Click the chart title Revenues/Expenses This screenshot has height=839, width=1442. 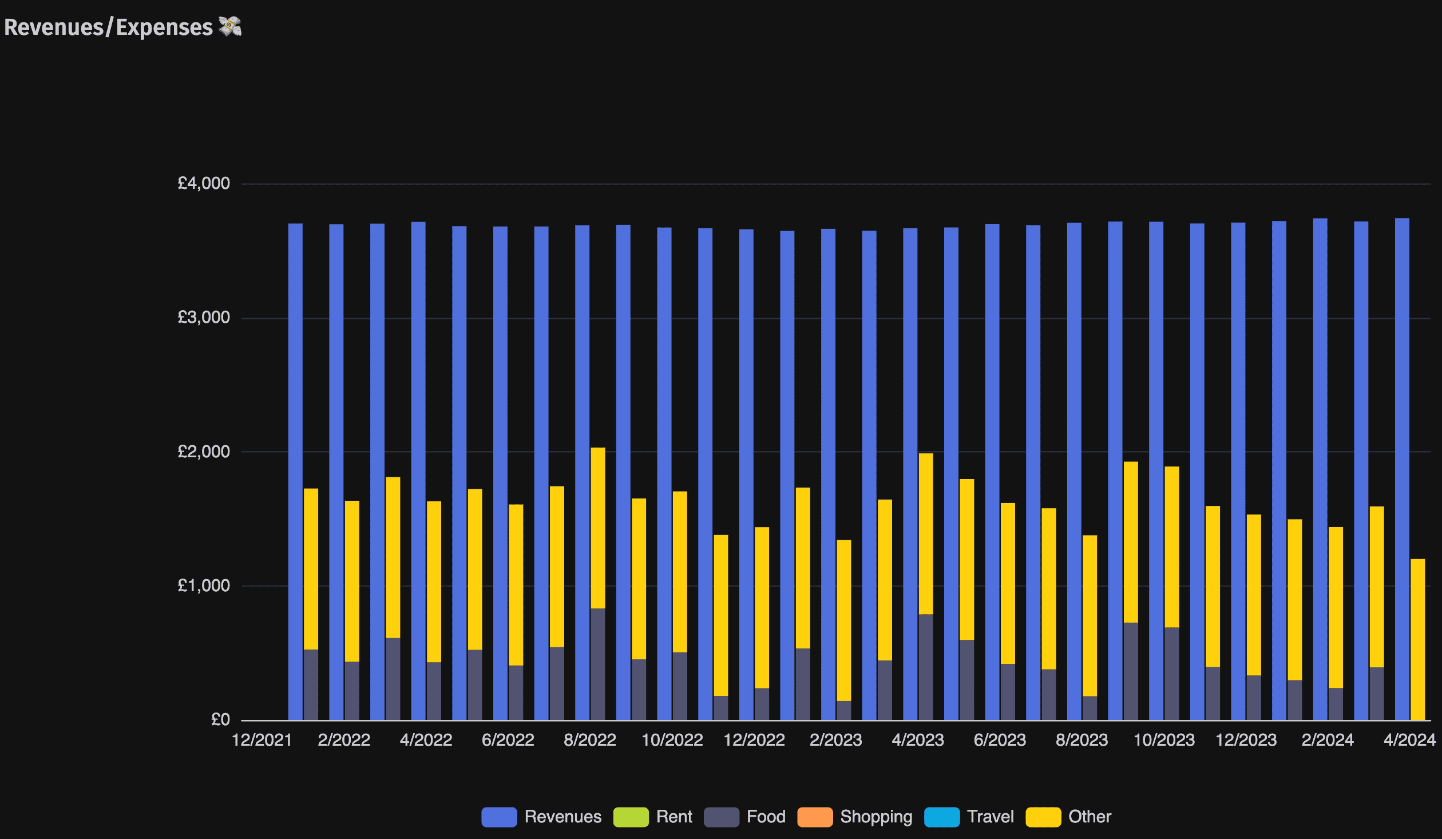coord(109,27)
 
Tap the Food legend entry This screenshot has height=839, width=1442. coord(744,817)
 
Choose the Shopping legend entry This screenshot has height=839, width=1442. coord(855,817)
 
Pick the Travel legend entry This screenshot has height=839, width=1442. coord(969,817)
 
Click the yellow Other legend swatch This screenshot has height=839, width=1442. coord(1043,817)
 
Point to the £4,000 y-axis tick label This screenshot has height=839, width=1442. coord(204,183)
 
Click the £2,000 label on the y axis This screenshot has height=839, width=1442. coord(204,452)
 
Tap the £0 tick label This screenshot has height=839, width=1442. coord(220,719)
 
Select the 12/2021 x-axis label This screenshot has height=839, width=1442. coord(262,740)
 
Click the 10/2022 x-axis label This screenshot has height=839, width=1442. coord(672,740)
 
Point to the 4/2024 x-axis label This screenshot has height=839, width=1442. coord(1409,740)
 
